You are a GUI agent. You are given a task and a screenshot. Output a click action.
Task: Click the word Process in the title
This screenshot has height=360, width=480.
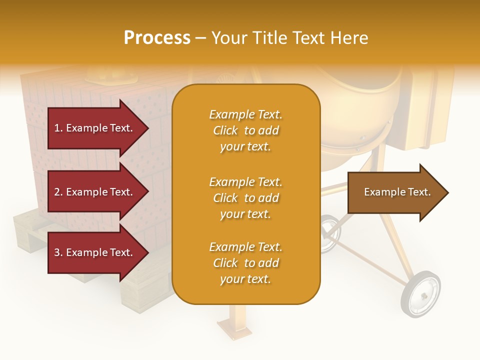(x=157, y=38)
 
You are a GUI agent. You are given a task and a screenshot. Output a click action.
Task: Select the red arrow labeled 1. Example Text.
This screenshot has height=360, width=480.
(x=95, y=128)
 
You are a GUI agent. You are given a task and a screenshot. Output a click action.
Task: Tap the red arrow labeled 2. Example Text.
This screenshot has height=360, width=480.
(x=95, y=192)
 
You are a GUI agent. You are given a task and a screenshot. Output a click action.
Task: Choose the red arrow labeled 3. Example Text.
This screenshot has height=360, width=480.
(x=95, y=252)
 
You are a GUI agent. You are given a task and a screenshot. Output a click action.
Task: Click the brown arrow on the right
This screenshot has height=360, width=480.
(x=395, y=192)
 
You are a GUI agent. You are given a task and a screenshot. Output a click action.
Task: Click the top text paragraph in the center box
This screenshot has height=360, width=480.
(x=246, y=130)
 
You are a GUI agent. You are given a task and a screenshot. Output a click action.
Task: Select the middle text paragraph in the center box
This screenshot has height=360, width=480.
(x=246, y=198)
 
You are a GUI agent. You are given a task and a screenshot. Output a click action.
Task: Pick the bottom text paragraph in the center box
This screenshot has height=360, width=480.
(x=246, y=263)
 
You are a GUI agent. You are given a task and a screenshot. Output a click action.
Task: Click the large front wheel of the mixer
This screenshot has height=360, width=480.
(x=420, y=293)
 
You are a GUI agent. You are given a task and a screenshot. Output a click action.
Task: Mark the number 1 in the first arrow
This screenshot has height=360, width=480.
(x=57, y=128)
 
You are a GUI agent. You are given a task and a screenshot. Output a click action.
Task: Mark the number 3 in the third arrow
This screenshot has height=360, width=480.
(x=57, y=252)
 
